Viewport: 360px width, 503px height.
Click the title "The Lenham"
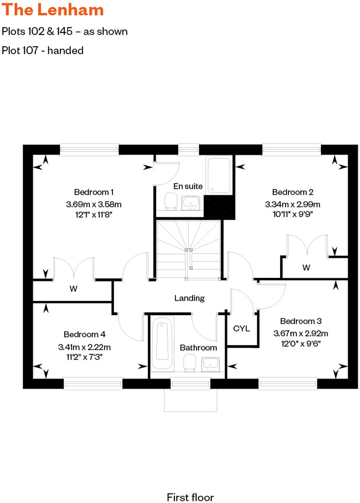pyautogui.click(x=53, y=10)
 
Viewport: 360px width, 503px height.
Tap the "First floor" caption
pyautogui.click(x=190, y=497)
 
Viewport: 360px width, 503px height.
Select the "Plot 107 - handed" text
pyautogui.click(x=42, y=50)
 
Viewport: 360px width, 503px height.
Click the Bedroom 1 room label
pyautogui.click(x=93, y=191)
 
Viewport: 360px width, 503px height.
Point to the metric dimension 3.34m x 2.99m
pyautogui.click(x=292, y=204)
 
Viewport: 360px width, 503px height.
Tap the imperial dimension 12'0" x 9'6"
pyautogui.click(x=300, y=344)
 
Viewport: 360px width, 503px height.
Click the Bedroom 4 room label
pyautogui.click(x=84, y=334)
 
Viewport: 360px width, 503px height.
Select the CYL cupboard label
pyautogui.click(x=241, y=329)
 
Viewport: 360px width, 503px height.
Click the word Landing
pyautogui.click(x=189, y=298)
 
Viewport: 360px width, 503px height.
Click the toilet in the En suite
pyautogui.click(x=171, y=201)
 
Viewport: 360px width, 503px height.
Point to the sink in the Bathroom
pyautogui.click(x=210, y=363)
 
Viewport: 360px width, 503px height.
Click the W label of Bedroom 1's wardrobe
pyautogui.click(x=73, y=289)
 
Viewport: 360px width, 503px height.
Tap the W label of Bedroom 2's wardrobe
pyautogui.click(x=306, y=268)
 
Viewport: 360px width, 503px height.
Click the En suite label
pyautogui.click(x=188, y=186)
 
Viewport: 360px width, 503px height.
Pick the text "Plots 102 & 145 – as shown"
pyautogui.click(x=65, y=31)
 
